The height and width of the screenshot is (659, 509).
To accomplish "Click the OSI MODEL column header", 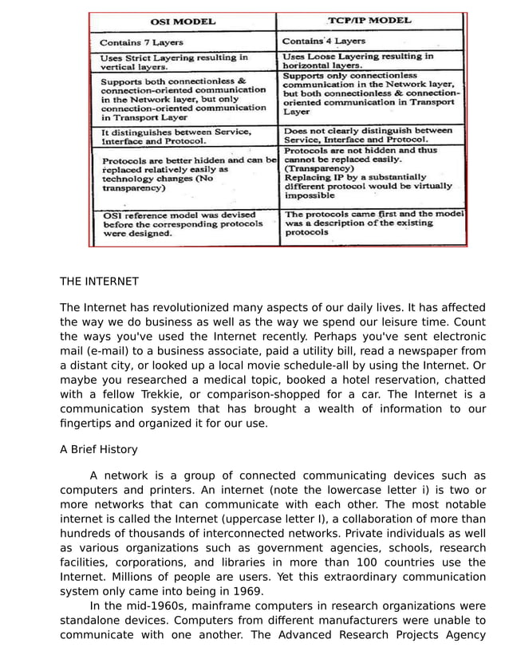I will point(183,22).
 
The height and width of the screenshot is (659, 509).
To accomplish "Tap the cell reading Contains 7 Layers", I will point(141,42).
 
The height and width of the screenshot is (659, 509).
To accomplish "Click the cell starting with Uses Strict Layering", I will point(174,62).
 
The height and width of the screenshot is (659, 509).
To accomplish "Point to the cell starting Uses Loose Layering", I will point(358,61).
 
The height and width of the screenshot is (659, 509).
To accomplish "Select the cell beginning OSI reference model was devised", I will point(180,224).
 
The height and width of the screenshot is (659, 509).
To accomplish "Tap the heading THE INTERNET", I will point(99,282).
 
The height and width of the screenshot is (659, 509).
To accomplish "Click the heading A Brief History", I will point(98,449).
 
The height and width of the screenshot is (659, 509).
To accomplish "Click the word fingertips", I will point(89,423).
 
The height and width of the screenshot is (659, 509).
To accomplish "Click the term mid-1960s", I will point(137,606).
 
